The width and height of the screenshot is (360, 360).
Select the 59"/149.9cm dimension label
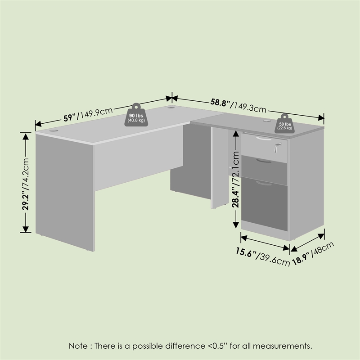pyautogui.click(x=88, y=114)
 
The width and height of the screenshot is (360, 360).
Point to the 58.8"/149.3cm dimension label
pyautogui.click(x=238, y=105)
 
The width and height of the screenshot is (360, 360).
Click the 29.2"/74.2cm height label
pyautogui.click(x=26, y=184)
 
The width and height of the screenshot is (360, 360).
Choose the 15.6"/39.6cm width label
pyautogui.click(x=263, y=256)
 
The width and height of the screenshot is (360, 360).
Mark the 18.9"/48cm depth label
pyautogui.click(x=313, y=253)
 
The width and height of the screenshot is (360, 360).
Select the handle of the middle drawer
pyautogui.click(x=264, y=161)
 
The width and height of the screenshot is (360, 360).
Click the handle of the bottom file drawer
pyautogui.click(x=264, y=183)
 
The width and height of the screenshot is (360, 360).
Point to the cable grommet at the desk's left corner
pyautogui.click(x=54, y=130)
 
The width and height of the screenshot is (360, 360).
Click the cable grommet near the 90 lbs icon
pyautogui.click(x=171, y=107)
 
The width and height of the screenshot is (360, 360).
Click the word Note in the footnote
pyautogui.click(x=78, y=346)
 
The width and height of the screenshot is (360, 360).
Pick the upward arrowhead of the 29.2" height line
pyautogui.click(x=26, y=136)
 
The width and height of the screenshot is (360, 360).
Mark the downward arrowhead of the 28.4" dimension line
pyautogui.click(x=236, y=224)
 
